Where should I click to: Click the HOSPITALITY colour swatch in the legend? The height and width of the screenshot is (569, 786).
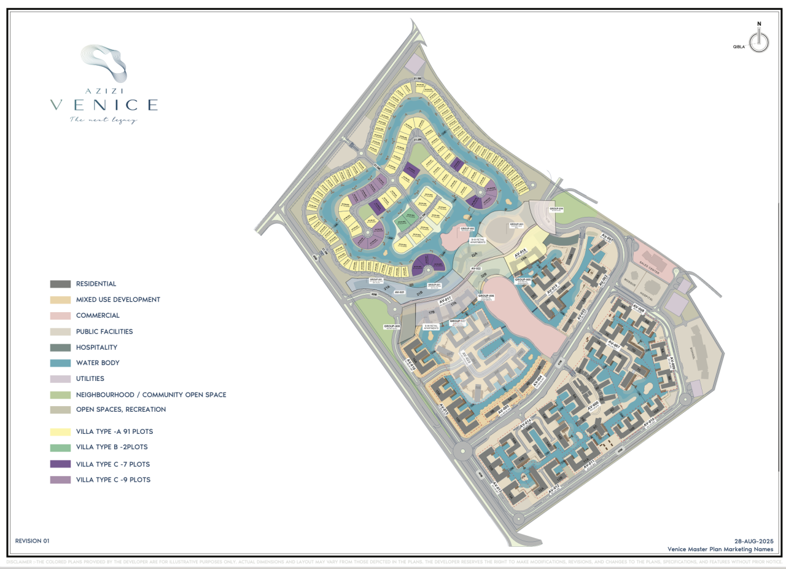pyautogui.click(x=60, y=348)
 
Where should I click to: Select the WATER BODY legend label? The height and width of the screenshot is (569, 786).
pyautogui.click(x=98, y=363)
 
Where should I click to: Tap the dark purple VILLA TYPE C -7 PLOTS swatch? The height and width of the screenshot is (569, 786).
pyautogui.click(x=60, y=464)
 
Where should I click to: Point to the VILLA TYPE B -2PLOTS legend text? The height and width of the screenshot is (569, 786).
pyautogui.click(x=112, y=447)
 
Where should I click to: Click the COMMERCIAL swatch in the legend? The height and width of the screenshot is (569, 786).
pyautogui.click(x=60, y=316)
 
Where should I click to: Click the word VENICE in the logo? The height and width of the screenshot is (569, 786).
pyautogui.click(x=104, y=104)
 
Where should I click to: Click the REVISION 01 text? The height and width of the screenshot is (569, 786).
pyautogui.click(x=32, y=541)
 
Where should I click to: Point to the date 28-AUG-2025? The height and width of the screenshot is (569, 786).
pyautogui.click(x=753, y=541)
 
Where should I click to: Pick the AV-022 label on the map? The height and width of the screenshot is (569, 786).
pyautogui.click(x=475, y=269)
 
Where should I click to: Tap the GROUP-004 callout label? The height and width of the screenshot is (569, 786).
pyautogui.click(x=556, y=210)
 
